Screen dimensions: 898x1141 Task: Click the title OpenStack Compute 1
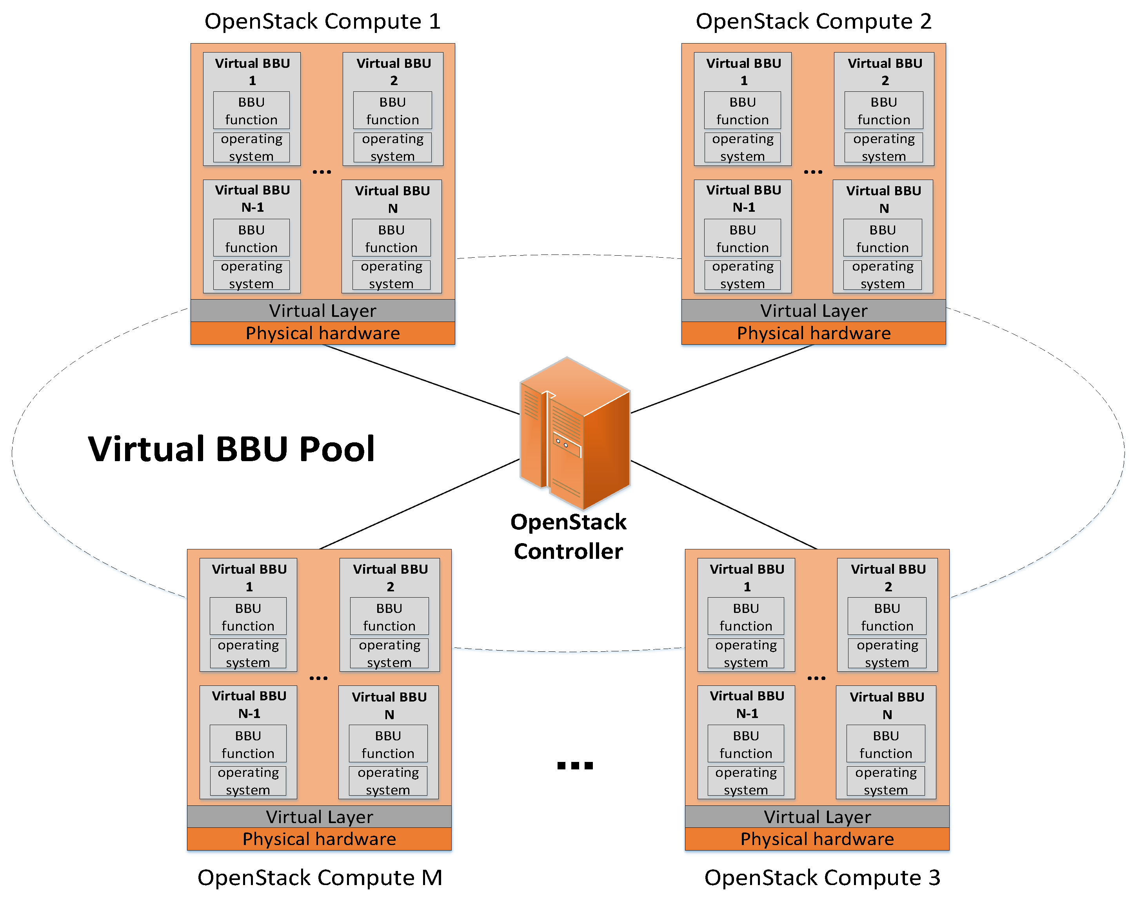click(x=322, y=22)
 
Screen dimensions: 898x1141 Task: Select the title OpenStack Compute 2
click(x=814, y=22)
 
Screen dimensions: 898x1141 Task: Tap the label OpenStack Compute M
click(x=320, y=878)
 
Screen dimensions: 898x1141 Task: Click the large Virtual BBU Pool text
click(x=231, y=449)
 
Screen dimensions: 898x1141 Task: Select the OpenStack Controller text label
click(x=568, y=537)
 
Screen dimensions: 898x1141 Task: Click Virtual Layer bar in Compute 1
click(x=323, y=311)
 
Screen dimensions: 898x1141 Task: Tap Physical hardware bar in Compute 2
click(x=814, y=333)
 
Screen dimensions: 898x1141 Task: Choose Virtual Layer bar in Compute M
click(x=319, y=816)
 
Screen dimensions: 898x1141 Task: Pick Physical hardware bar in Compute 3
click(x=817, y=839)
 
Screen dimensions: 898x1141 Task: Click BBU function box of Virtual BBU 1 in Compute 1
click(x=251, y=111)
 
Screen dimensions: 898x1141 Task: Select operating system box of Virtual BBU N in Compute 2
click(x=883, y=275)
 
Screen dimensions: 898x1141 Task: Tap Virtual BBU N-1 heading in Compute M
click(x=249, y=705)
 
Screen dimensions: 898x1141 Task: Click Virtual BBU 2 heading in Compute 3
click(x=888, y=577)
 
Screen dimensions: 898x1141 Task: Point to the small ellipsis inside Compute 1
click(x=322, y=172)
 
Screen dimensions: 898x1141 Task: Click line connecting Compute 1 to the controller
click(x=420, y=380)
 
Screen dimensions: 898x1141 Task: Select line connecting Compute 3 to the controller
click(x=724, y=505)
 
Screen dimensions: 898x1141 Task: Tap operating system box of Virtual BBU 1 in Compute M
click(x=248, y=654)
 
